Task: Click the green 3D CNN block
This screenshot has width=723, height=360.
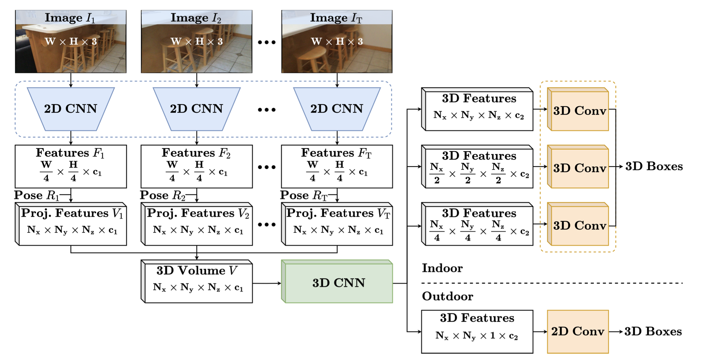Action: pyautogui.click(x=338, y=283)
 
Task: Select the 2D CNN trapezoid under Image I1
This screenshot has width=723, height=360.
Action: pyautogui.click(x=70, y=109)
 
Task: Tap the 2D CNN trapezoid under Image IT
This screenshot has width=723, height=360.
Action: pyautogui.click(x=336, y=109)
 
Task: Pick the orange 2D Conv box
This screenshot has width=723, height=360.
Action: pyautogui.click(x=577, y=332)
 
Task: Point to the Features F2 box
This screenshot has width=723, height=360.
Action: pyautogui.click(x=197, y=166)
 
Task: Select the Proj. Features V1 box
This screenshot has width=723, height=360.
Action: pyautogui.click(x=72, y=224)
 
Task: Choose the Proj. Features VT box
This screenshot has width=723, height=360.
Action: pyautogui.click(x=338, y=224)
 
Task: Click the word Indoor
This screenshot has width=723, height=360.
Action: pyautogui.click(x=442, y=268)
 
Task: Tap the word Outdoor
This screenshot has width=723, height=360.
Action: pyautogui.click(x=448, y=296)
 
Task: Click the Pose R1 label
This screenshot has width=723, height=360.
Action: pyautogui.click(x=37, y=195)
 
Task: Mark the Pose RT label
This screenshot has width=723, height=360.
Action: pyautogui.click(x=304, y=195)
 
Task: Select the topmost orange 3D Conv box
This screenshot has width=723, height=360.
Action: pyautogui.click(x=579, y=110)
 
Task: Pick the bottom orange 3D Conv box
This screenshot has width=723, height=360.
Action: pyautogui.click(x=579, y=225)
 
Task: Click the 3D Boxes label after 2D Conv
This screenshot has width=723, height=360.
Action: pyautogui.click(x=653, y=332)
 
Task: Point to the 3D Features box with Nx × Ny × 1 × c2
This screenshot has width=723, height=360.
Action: pyautogui.click(x=477, y=332)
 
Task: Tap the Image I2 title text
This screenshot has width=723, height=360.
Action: pyautogui.click(x=196, y=18)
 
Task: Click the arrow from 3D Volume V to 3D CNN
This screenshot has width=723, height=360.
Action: pyautogui.click(x=267, y=283)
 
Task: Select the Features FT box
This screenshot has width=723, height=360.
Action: pyautogui.click(x=336, y=166)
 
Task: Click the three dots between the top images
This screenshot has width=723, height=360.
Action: pyautogui.click(x=266, y=42)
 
